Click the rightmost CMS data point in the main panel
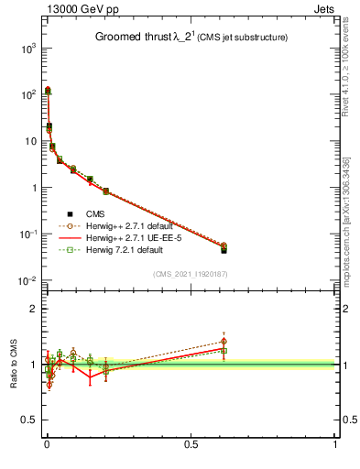tap(224, 250)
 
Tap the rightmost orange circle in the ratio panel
tap(224, 342)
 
